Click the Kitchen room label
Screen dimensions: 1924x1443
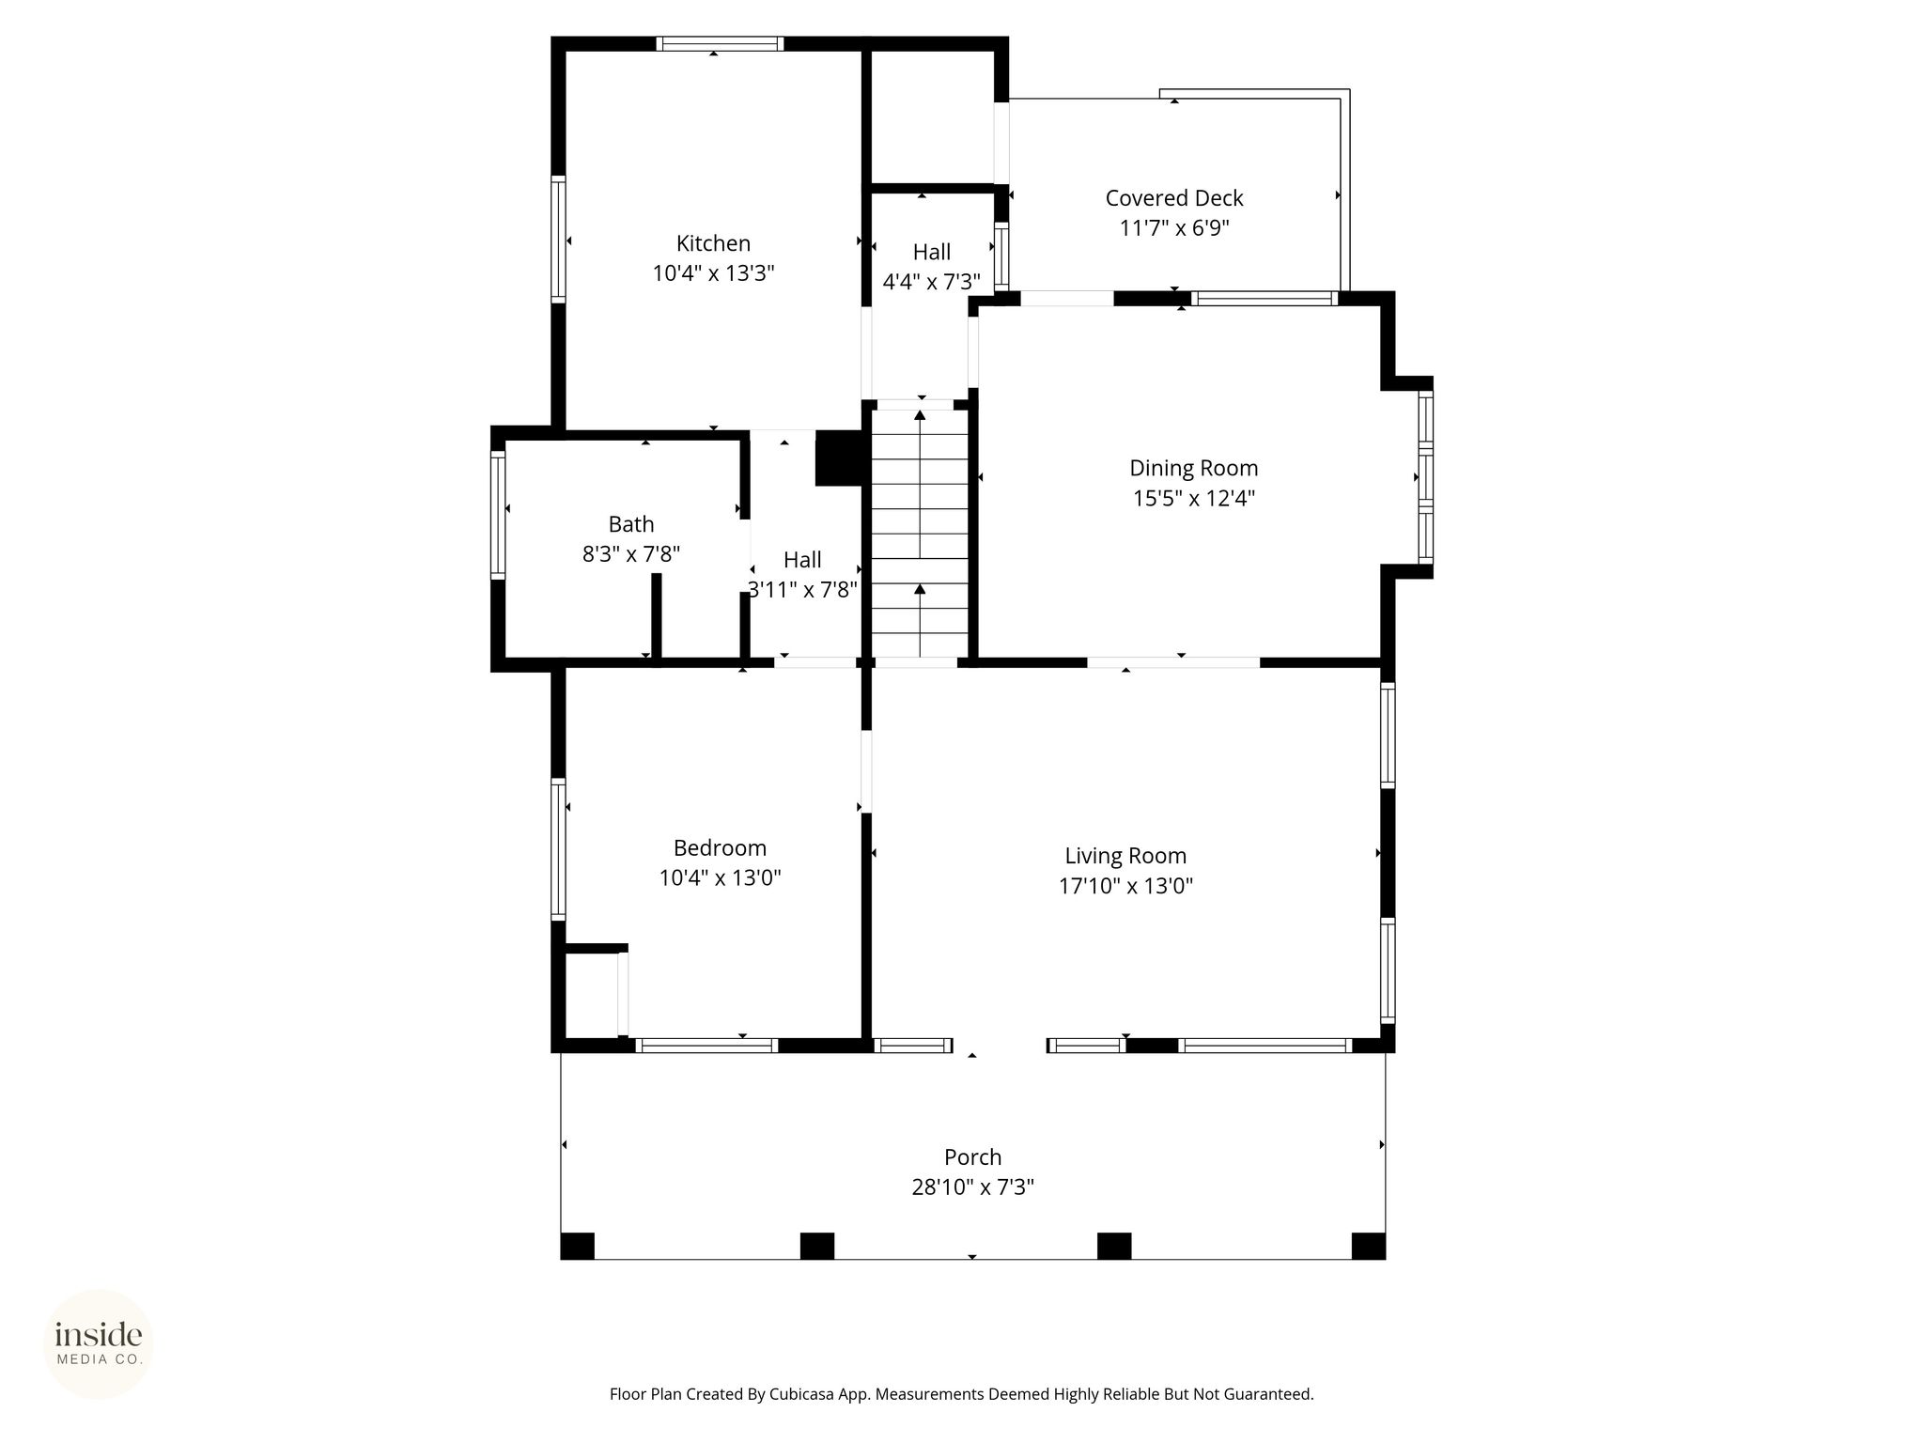(713, 243)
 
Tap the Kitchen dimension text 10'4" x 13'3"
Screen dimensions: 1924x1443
(713, 273)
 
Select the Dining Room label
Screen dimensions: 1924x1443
(1193, 468)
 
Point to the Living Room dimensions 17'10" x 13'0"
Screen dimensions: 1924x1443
(1125, 886)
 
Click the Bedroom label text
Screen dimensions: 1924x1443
(720, 848)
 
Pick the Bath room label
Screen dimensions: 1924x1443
(630, 524)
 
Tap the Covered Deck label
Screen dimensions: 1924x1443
(1174, 198)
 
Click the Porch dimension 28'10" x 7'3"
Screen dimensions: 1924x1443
(972, 1187)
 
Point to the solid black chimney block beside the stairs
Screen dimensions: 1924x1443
(838, 458)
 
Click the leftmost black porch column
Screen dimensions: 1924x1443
(577, 1246)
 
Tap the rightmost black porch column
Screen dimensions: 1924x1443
(1368, 1246)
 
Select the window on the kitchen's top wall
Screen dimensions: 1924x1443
(720, 43)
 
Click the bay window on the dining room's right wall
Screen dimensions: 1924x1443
(1425, 477)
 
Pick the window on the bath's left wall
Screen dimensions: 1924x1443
(498, 515)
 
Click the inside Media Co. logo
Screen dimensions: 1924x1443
(99, 1343)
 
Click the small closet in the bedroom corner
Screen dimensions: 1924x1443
(592, 994)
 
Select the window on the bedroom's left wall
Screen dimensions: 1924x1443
(558, 848)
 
